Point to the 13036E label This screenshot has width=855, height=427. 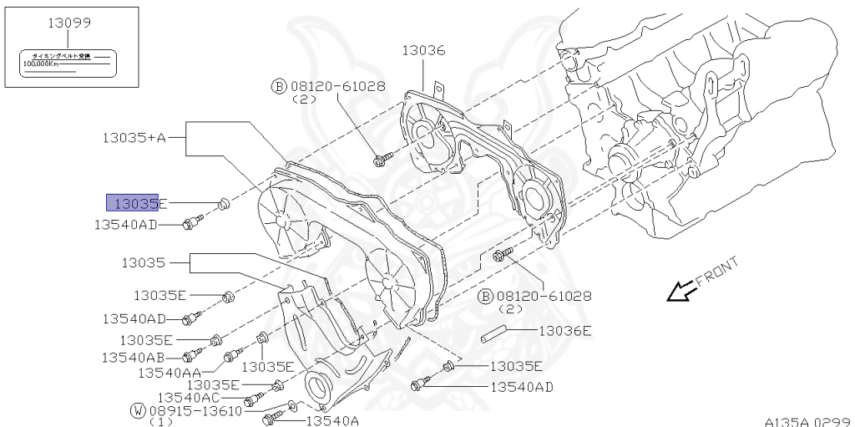[x=564, y=331]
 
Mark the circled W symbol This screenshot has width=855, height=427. [x=138, y=411]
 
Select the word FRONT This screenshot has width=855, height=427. [x=717, y=272]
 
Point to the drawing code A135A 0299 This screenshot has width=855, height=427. [x=807, y=421]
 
